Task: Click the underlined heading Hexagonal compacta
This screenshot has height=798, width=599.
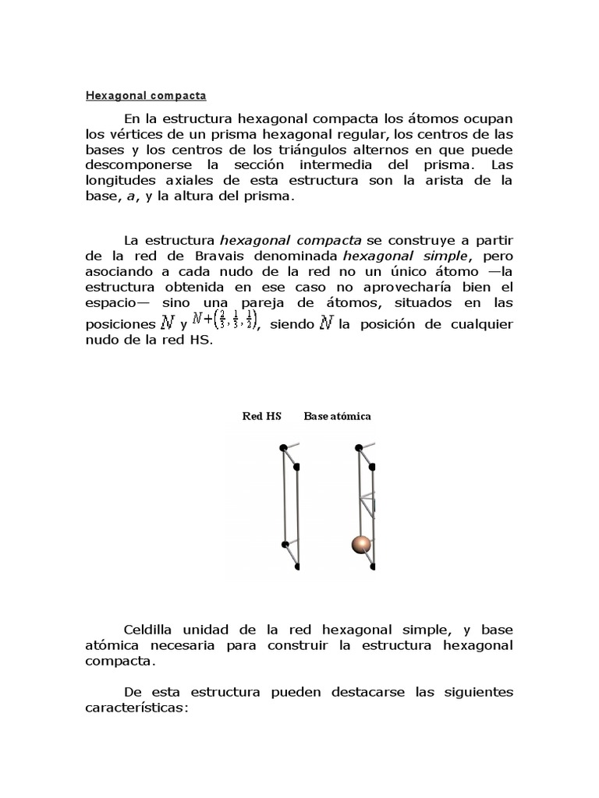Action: (x=145, y=97)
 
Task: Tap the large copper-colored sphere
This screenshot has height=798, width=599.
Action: (x=360, y=545)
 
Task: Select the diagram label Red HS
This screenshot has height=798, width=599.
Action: (x=261, y=416)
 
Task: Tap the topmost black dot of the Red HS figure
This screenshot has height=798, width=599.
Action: (x=283, y=447)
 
